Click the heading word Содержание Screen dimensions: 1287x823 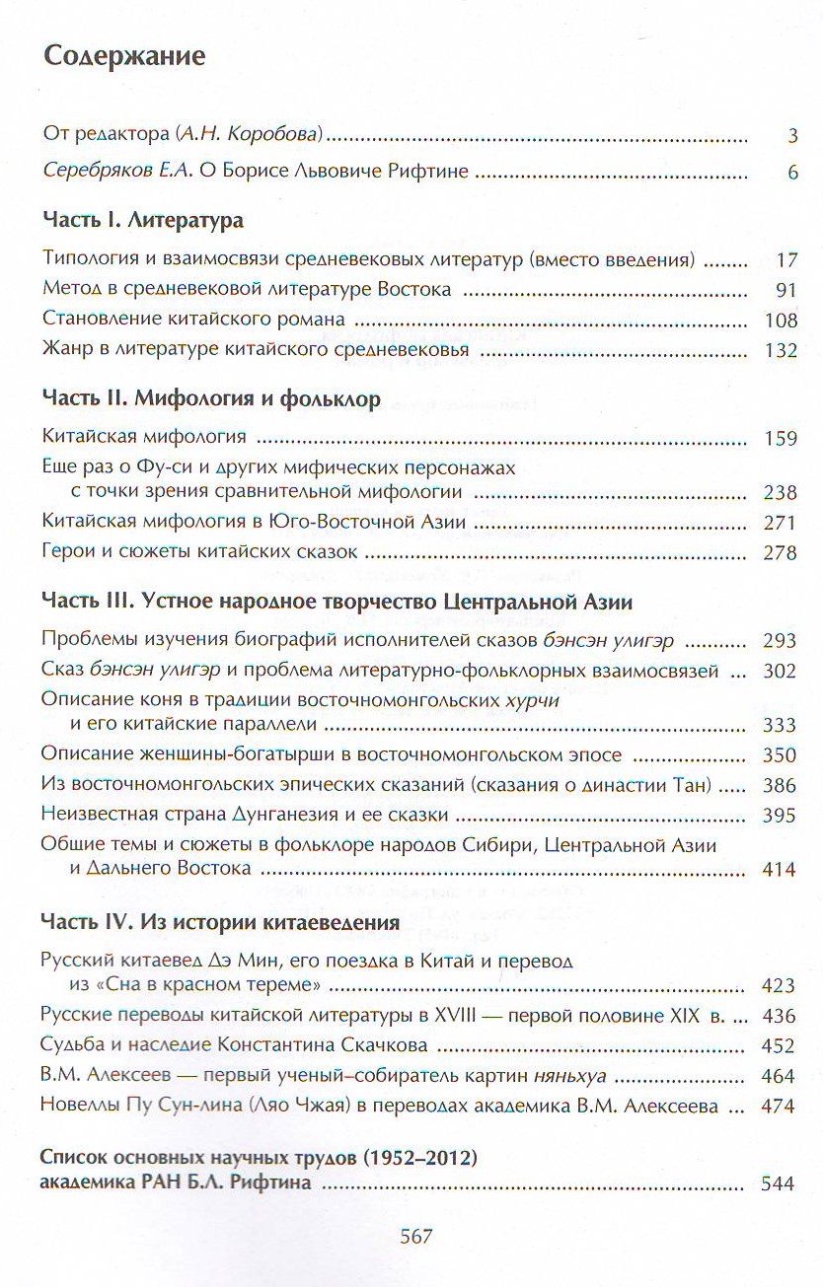tap(124, 55)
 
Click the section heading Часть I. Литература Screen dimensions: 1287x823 tap(144, 221)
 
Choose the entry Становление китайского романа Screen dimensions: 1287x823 tap(194, 320)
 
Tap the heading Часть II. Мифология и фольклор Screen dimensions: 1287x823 tap(211, 399)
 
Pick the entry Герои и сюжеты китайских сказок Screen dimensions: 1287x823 tap(200, 552)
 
